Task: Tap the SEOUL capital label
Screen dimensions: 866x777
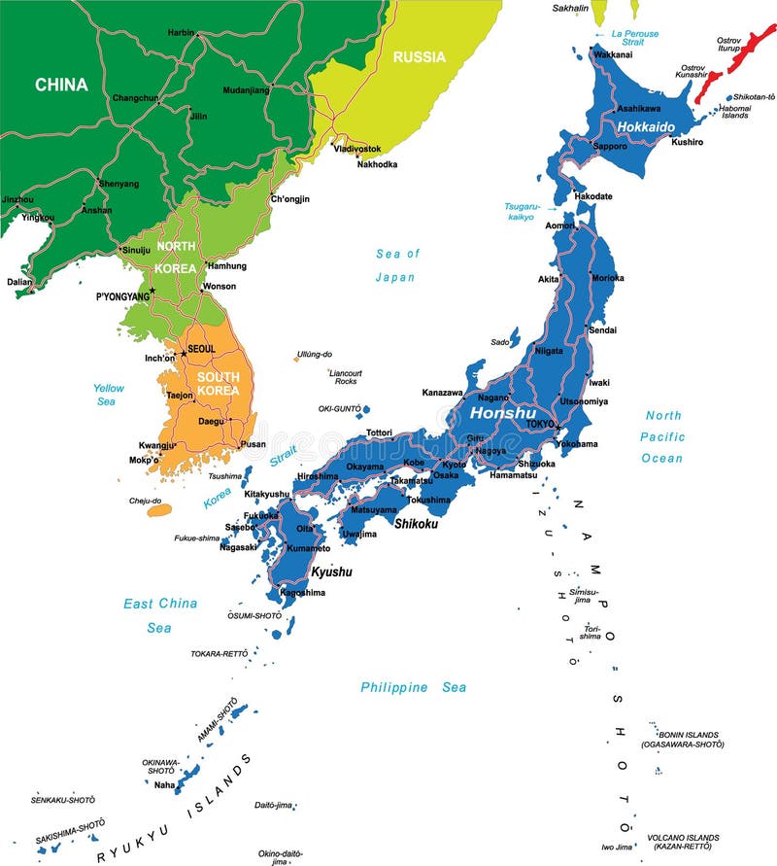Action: pos(201,349)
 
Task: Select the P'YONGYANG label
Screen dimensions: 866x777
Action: pos(122,295)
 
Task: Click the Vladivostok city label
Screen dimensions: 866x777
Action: pos(357,149)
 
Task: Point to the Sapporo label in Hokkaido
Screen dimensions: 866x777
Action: pos(610,145)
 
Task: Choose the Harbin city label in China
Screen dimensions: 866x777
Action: pos(181,32)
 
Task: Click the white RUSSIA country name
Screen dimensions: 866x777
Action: pos(420,57)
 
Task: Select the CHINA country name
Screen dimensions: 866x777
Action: pos(61,86)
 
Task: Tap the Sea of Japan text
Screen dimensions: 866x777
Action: pos(396,265)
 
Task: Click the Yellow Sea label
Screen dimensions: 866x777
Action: pos(109,395)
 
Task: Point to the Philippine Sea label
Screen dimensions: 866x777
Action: pos(413,687)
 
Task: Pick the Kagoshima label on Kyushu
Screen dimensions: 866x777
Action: pos(302,592)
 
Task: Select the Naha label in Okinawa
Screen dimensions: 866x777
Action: pos(164,784)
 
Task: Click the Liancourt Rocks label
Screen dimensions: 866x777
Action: pos(345,377)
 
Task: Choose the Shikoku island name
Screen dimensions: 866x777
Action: pos(416,523)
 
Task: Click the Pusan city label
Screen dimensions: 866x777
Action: pos(253,444)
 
